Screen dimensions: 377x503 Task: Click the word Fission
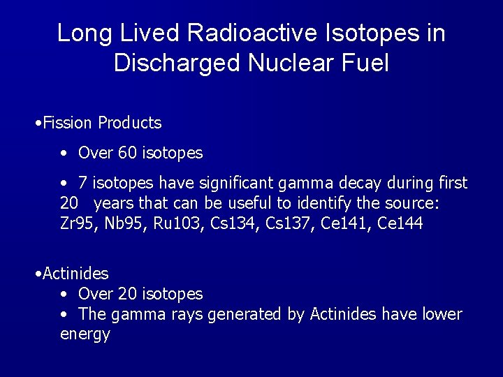68,124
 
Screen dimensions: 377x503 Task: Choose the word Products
130,124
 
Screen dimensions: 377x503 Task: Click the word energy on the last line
85,335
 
